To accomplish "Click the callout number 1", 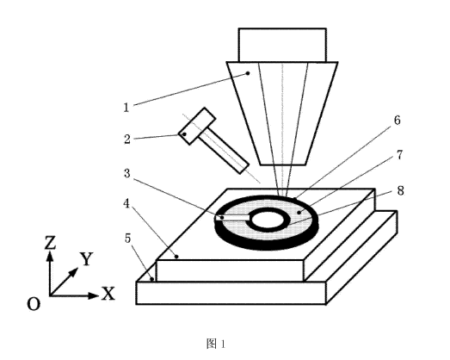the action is click(x=126, y=108).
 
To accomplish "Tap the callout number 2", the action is click(x=127, y=139).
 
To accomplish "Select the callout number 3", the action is click(x=127, y=173).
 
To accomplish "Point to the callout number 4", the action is click(x=126, y=204).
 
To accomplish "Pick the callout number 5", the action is click(x=127, y=239).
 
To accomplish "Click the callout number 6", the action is click(x=397, y=120).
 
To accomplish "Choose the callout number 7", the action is click(x=400, y=155).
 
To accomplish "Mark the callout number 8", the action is click(x=400, y=190).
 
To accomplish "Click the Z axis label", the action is click(x=50, y=242).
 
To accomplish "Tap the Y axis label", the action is click(x=86, y=259).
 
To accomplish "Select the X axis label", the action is click(x=108, y=294).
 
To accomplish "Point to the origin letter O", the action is click(x=34, y=304).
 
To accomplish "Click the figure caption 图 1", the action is click(x=216, y=344).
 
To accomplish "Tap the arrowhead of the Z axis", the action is click(x=50, y=256).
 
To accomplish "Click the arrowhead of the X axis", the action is click(x=94, y=295).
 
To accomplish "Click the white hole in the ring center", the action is click(x=268, y=220).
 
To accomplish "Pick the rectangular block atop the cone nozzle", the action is click(x=282, y=45).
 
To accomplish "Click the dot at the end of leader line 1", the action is click(x=249, y=73).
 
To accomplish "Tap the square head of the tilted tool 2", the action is click(x=197, y=126).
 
